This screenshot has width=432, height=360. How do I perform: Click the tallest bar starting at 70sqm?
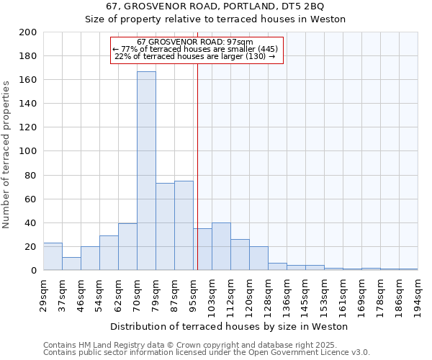coord(146,171)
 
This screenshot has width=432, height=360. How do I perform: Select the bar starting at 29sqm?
coord(53,256)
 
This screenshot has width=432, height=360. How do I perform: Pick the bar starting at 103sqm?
coord(221,246)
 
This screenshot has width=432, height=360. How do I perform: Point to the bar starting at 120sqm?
coord(258,258)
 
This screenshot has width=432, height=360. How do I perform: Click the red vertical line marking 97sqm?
coord(197,180)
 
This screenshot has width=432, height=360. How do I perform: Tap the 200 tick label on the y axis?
coord(28,32)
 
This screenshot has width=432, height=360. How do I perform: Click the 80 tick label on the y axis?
coord(30,175)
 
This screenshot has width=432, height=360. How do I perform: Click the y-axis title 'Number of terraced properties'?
coord(7,154)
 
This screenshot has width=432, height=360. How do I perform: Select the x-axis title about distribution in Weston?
coord(230,326)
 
